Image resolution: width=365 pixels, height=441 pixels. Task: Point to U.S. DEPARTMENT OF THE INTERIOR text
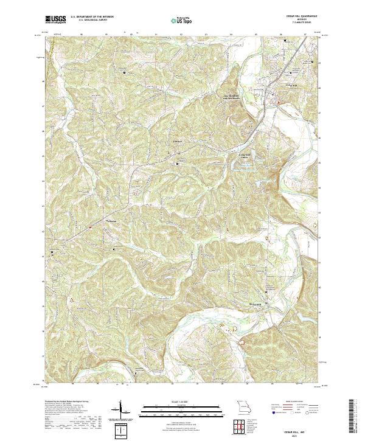[x=92, y=17]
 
